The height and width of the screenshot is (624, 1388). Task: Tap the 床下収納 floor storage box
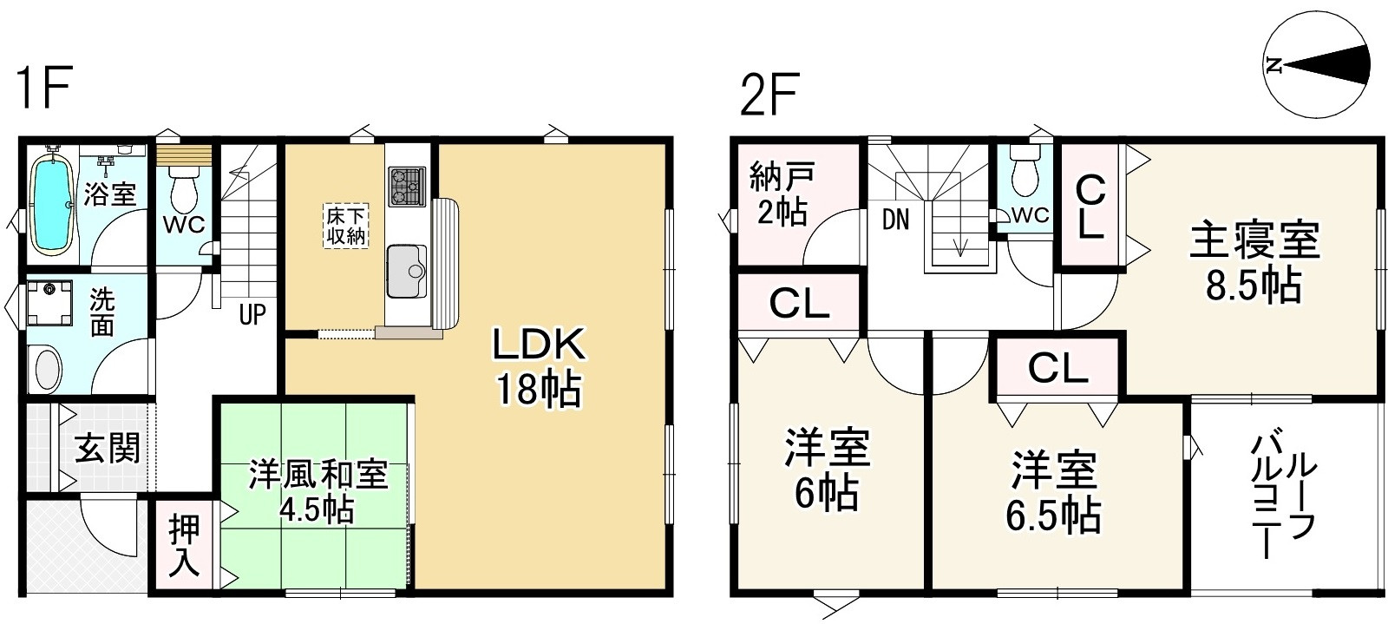346,224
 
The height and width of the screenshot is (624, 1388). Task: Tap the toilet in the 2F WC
1026,177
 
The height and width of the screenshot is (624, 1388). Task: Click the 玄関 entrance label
107,449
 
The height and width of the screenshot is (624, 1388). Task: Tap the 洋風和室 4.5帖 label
318,490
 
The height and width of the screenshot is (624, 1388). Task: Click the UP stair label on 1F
252,314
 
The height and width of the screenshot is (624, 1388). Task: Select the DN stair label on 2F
895,220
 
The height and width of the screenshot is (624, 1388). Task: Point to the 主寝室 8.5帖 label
1254,261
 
